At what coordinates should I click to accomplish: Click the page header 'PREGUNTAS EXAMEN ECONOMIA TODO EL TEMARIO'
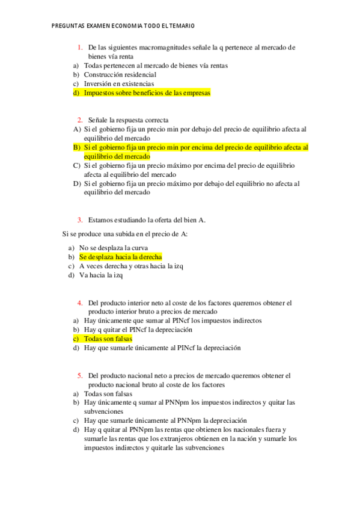point(123,26)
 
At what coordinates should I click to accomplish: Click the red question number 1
point(79,47)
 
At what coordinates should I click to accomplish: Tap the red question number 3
point(79,220)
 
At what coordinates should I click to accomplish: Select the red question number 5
point(79,376)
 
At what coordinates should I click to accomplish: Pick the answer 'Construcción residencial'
point(120,75)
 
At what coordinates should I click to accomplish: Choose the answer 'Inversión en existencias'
point(119,84)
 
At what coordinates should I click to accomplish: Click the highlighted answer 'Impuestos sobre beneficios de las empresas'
point(147,94)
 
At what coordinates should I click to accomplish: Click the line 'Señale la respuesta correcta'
point(128,120)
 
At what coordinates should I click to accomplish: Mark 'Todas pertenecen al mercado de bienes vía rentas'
point(156,66)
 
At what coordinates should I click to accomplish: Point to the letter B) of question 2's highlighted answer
point(77,147)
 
